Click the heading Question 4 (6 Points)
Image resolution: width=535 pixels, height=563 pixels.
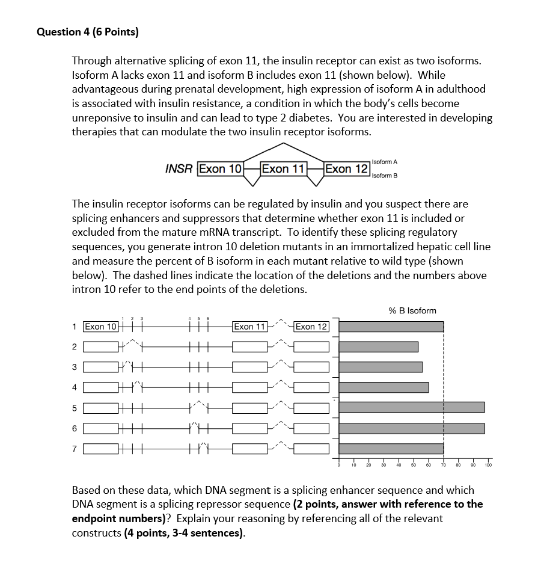click(x=88, y=32)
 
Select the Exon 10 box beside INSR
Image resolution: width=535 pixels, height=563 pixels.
click(x=220, y=168)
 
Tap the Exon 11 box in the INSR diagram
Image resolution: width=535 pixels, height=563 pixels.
click(x=284, y=168)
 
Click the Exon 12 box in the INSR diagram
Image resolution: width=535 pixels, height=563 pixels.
click(x=346, y=168)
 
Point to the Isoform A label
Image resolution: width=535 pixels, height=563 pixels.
click(x=385, y=162)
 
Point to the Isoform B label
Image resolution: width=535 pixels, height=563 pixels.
click(x=385, y=176)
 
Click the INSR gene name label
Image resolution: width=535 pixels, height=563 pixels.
click(x=179, y=169)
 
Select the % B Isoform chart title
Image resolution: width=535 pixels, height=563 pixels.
click(x=412, y=310)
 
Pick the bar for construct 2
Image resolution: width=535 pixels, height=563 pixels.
click(x=379, y=347)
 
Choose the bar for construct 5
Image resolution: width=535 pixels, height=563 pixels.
click(x=412, y=407)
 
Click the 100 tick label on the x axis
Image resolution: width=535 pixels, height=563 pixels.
click(x=488, y=465)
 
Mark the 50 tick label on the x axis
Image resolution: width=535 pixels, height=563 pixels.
click(x=413, y=465)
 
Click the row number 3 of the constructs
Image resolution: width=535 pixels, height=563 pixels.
click(x=74, y=368)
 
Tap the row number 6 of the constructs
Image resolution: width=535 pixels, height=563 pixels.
click(x=74, y=428)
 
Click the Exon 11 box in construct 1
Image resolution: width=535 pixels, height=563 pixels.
click(x=249, y=327)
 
